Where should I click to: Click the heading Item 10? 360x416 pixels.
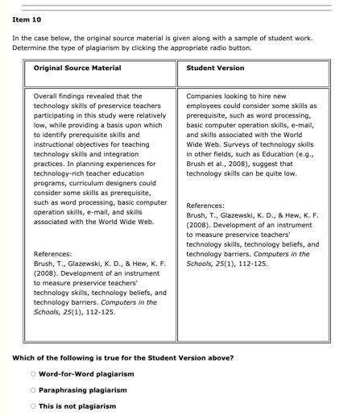(27, 19)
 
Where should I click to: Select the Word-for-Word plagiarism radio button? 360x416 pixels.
(33, 374)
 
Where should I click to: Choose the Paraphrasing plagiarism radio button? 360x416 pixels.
(33, 390)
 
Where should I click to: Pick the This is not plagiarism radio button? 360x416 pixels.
(33, 406)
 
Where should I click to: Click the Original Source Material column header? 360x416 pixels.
(77, 68)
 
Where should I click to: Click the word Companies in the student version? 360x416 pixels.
(206, 96)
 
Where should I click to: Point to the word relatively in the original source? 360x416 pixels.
(147, 115)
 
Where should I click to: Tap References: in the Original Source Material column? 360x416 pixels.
(52, 254)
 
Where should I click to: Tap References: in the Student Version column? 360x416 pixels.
(205, 206)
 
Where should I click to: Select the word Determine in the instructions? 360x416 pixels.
(30, 48)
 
